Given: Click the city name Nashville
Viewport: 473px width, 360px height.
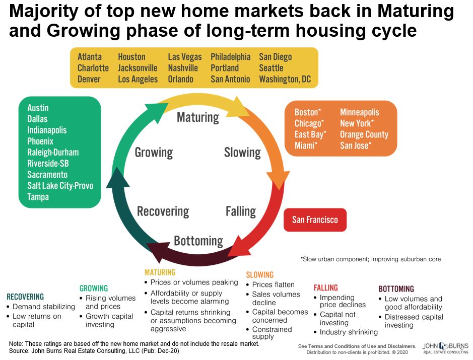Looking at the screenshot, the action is (183, 68).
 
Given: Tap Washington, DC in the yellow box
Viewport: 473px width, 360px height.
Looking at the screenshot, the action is (285, 79).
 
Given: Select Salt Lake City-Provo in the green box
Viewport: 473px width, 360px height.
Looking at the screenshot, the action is (60, 186).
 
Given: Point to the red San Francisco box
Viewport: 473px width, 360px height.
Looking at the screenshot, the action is (315, 220).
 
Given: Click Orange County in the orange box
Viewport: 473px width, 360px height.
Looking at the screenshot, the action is (364, 134).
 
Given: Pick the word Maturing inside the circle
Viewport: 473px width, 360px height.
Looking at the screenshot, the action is (198, 117).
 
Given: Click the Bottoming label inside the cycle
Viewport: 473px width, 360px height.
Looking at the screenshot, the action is (198, 241).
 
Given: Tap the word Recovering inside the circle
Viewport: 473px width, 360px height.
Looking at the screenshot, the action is (163, 211).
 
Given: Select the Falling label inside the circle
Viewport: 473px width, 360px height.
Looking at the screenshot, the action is (241, 211).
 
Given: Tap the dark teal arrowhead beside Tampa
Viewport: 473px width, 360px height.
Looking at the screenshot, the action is (118, 179).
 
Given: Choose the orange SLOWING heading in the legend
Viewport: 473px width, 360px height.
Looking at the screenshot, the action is (260, 275).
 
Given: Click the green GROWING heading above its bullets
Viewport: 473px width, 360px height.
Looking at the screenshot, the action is (94, 288).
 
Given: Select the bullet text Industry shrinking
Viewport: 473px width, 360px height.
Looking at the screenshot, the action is (349, 332).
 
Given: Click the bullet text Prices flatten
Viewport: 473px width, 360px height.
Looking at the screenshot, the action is (273, 284).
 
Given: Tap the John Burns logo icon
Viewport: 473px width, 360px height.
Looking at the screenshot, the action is (443, 346).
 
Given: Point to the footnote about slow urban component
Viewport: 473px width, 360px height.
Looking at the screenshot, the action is (370, 259).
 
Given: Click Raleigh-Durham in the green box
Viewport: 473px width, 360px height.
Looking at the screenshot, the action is (53, 152).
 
